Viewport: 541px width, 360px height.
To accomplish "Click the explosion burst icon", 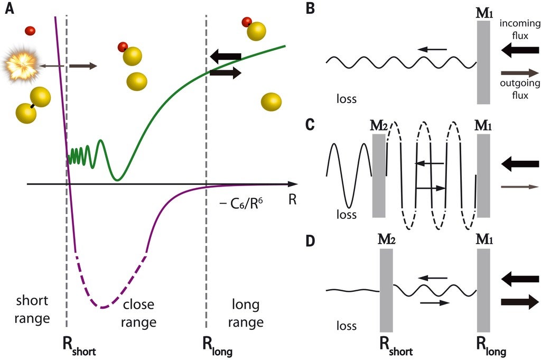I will click(x=20, y=65).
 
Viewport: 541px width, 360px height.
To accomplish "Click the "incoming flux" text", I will click(x=520, y=29).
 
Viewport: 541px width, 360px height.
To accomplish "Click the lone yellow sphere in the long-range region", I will click(x=272, y=102).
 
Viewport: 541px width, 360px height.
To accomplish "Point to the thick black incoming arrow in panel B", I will click(x=520, y=51).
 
